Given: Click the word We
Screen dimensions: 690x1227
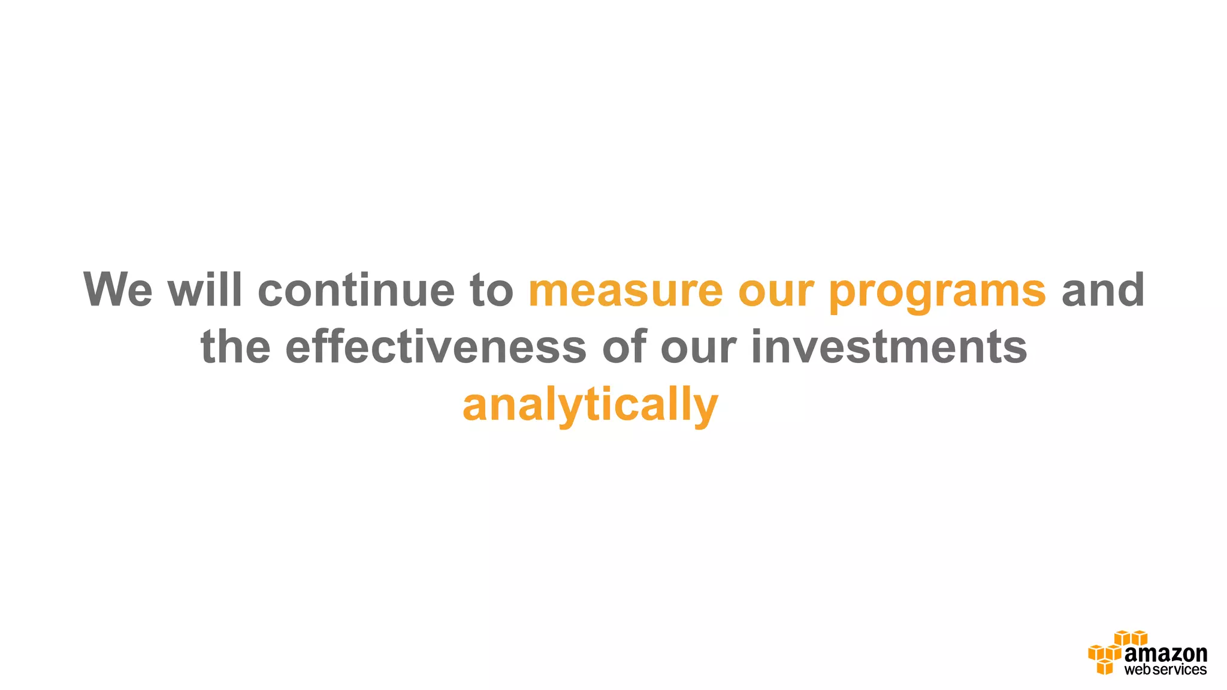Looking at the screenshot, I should pos(118,290).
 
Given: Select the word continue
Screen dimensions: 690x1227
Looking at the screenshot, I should pos(356,290).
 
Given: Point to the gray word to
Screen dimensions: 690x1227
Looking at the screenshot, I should pos(491,291).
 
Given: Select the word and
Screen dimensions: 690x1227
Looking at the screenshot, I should pos(1102,290).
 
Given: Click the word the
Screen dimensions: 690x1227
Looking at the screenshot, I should pos(235,347).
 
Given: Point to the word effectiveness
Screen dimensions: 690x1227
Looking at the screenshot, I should pos(436,347).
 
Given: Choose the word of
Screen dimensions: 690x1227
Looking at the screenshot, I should pos(624,347).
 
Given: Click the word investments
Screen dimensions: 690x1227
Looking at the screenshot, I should pos(889,347).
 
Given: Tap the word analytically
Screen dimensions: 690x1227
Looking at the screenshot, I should pos(590,406).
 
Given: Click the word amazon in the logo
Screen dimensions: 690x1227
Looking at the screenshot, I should pos(1165,654).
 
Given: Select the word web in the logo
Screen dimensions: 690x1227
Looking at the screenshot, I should pos(1137,670).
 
